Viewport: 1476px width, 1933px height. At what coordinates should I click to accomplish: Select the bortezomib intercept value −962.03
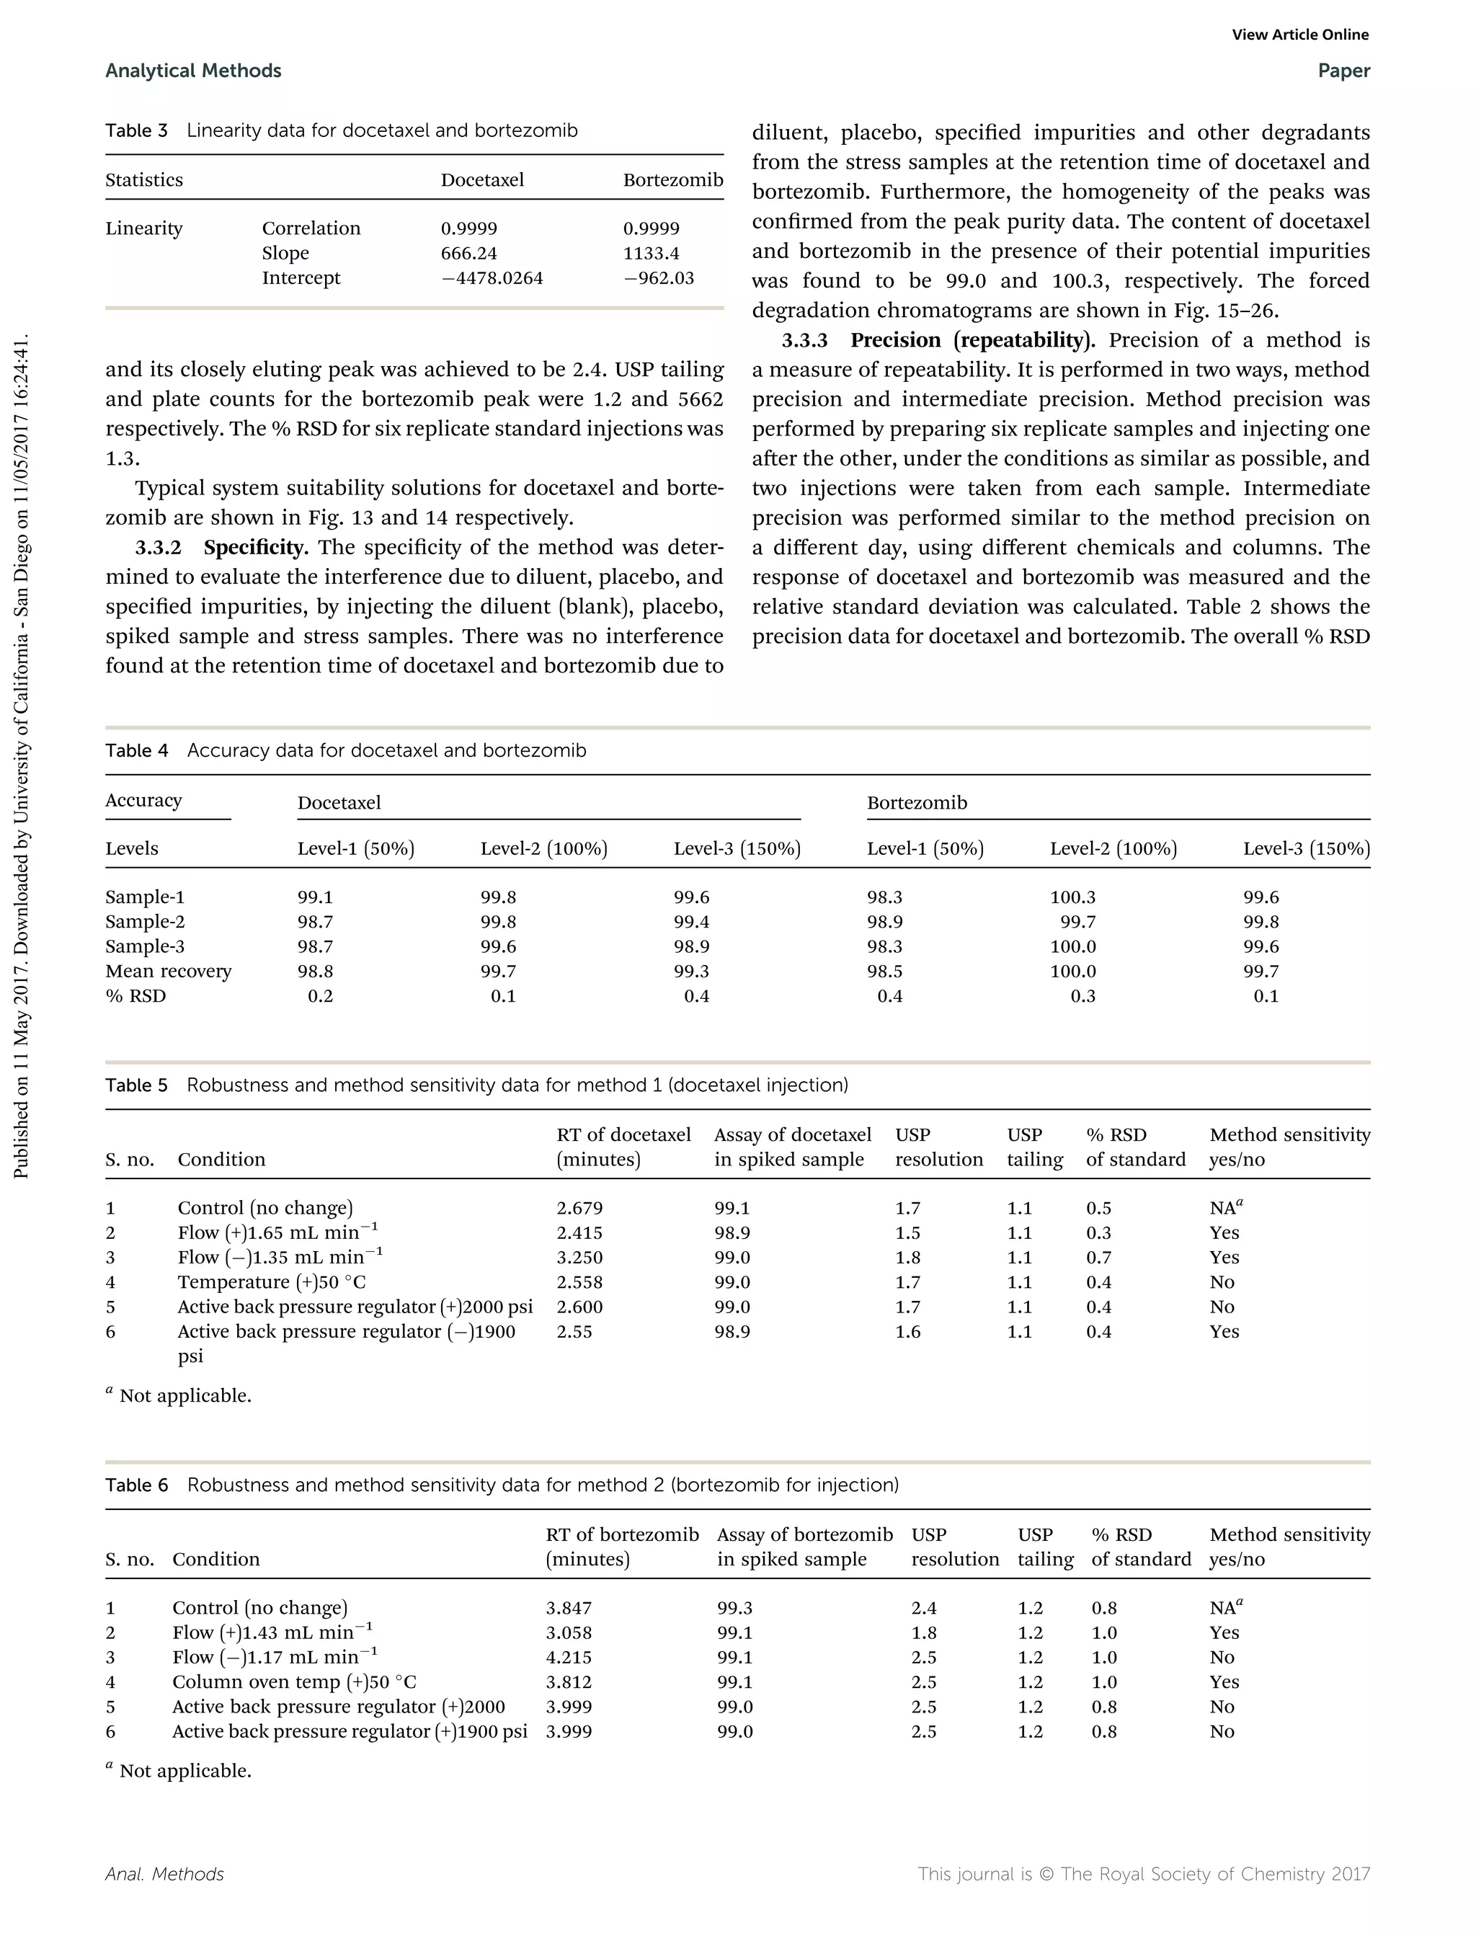pyautogui.click(x=658, y=277)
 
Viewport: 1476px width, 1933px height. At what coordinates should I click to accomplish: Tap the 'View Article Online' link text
pyautogui.click(x=1299, y=35)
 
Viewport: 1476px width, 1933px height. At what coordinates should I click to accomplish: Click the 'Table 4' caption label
pyautogui.click(x=136, y=750)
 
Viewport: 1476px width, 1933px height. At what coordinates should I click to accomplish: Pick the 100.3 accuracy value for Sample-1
pyautogui.click(x=1072, y=897)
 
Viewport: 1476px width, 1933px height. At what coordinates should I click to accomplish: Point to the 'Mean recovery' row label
pyautogui.click(x=168, y=971)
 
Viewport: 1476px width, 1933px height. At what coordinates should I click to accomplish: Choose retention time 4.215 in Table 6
pyautogui.click(x=569, y=1657)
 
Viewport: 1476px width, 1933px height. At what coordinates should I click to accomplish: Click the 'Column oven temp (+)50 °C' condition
pyautogui.click(x=293, y=1681)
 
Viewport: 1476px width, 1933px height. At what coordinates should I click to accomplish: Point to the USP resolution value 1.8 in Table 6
pyautogui.click(x=923, y=1632)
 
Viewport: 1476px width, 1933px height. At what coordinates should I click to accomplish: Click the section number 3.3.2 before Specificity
pyautogui.click(x=158, y=547)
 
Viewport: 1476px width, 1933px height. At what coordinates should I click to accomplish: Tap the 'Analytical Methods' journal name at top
pyautogui.click(x=193, y=71)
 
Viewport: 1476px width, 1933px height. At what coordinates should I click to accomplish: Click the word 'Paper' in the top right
pyautogui.click(x=1343, y=71)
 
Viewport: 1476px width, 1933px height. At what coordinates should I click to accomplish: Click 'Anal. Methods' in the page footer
pyautogui.click(x=164, y=1874)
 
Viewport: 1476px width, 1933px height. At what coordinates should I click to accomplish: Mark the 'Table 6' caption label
pyautogui.click(x=136, y=1485)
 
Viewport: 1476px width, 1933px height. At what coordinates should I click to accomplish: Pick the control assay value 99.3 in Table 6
pyautogui.click(x=734, y=1608)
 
